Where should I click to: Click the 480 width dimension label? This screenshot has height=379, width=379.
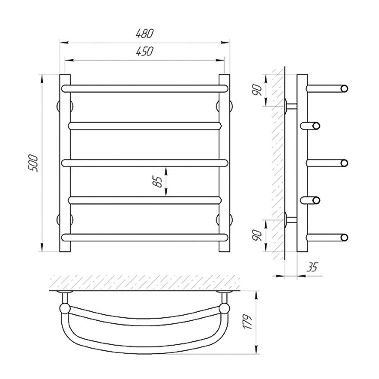point(144,34)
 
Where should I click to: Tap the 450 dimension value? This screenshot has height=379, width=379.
point(144,51)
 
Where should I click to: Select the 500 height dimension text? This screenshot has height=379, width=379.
point(33,163)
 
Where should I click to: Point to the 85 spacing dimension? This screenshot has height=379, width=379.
point(157,182)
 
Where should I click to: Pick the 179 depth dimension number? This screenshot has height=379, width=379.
point(248,322)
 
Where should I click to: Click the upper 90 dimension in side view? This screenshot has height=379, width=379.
point(258,90)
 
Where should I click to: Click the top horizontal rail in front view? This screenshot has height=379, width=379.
point(144,88)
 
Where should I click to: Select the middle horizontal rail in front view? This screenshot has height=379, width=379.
point(144,163)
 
